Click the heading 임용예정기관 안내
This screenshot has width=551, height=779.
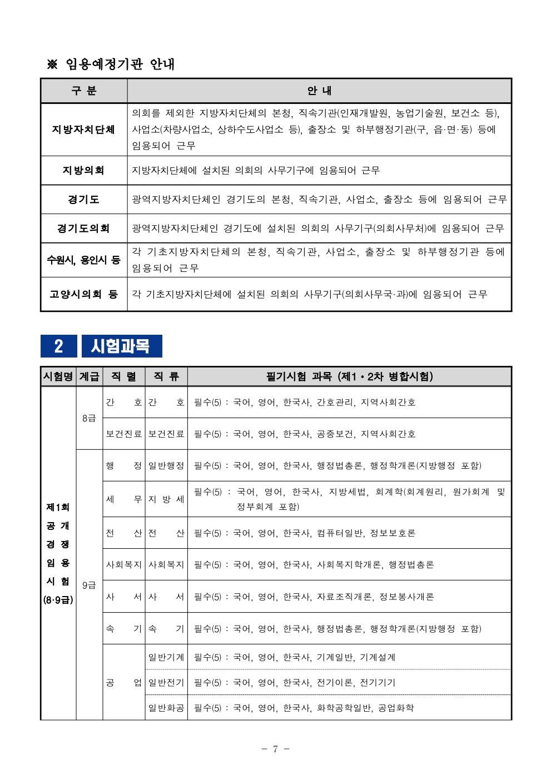pos(119,64)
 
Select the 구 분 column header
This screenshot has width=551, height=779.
pos(84,91)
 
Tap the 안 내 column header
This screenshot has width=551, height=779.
pos(319,91)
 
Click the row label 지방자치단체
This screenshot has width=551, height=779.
pos(83,130)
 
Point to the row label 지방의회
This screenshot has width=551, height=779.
pos(83,170)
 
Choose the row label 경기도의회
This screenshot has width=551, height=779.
pos(83,228)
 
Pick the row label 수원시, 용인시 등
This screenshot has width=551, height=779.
pos(83,260)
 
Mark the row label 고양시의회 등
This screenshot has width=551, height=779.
pos(83,294)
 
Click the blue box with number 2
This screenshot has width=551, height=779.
pos(58,346)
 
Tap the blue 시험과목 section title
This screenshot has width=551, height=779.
pos(121,346)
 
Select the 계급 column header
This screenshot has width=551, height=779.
pos(89,376)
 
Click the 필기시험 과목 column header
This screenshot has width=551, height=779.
pos(349,376)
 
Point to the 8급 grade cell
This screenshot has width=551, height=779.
pos(89,418)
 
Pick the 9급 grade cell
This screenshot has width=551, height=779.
pos(89,585)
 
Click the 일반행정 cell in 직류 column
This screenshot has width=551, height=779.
pos(166,465)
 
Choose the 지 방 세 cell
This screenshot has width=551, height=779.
pos(166,499)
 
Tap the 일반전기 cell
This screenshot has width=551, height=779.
pos(166,682)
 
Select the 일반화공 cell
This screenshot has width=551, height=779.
pos(166,708)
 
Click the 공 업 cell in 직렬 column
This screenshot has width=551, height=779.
pos(124,682)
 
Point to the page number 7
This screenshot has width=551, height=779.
pos(275,749)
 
